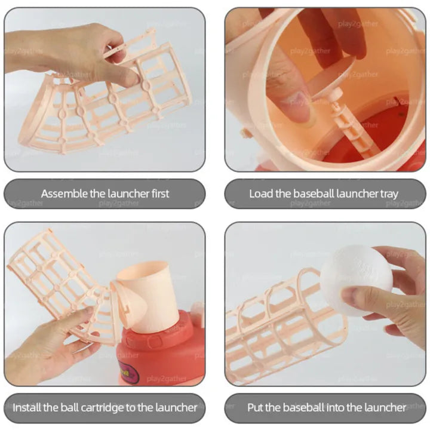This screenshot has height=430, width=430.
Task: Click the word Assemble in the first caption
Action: coord(64,193)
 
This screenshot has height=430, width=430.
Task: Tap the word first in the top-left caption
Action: coord(161,193)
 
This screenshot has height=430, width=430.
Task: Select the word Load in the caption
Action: coord(262,193)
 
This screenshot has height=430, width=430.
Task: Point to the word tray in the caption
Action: coord(389,194)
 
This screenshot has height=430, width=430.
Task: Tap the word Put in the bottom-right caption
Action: coord(256,407)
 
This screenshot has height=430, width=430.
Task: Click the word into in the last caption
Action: coord(334,407)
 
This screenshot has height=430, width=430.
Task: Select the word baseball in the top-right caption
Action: coord(314,193)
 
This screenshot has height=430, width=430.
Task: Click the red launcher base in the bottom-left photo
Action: coord(162,348)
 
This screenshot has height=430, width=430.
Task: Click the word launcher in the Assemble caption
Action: coord(128,193)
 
